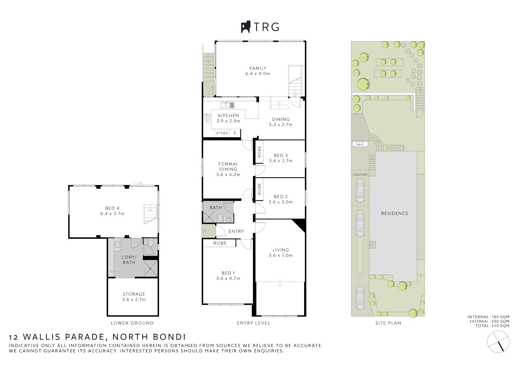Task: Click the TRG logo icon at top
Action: tap(246, 27)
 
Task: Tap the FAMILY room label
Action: tap(258, 68)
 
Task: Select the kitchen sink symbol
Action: tap(227, 105)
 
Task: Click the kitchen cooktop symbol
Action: tap(207, 118)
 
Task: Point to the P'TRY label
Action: tap(222, 133)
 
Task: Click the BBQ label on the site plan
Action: tap(360, 145)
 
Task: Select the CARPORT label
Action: tap(360, 175)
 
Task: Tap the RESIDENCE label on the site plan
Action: tap(395, 214)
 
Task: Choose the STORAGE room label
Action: tap(134, 294)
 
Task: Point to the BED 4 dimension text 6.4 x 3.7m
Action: tap(112, 214)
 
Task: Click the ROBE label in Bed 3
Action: tap(259, 152)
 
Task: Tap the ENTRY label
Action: tap(236, 231)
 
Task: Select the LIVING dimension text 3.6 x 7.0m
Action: tap(281, 255)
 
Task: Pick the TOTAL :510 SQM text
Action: tap(492, 326)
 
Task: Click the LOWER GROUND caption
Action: tap(132, 323)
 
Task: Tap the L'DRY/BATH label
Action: tap(129, 260)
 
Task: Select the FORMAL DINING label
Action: tap(228, 166)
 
